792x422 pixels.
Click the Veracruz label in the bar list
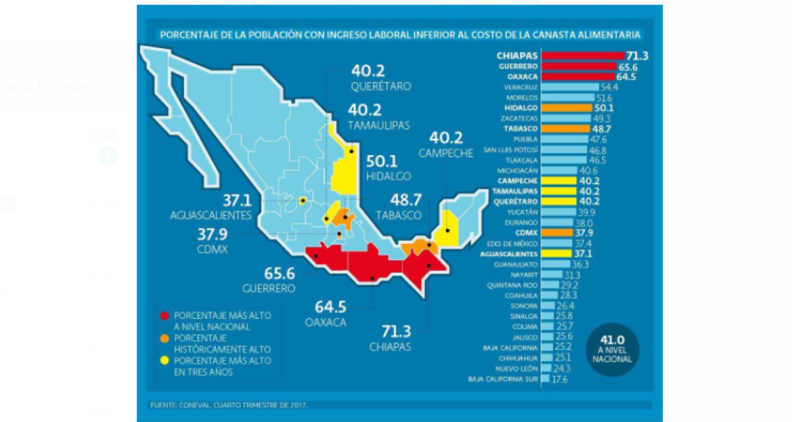tap(522, 87)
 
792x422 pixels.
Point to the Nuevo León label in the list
tap(519, 369)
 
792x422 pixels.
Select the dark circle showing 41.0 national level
tap(612, 350)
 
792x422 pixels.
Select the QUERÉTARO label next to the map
tap(381, 87)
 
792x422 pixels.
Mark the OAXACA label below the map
tap(327, 323)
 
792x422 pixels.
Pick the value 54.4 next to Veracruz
tap(609, 87)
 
